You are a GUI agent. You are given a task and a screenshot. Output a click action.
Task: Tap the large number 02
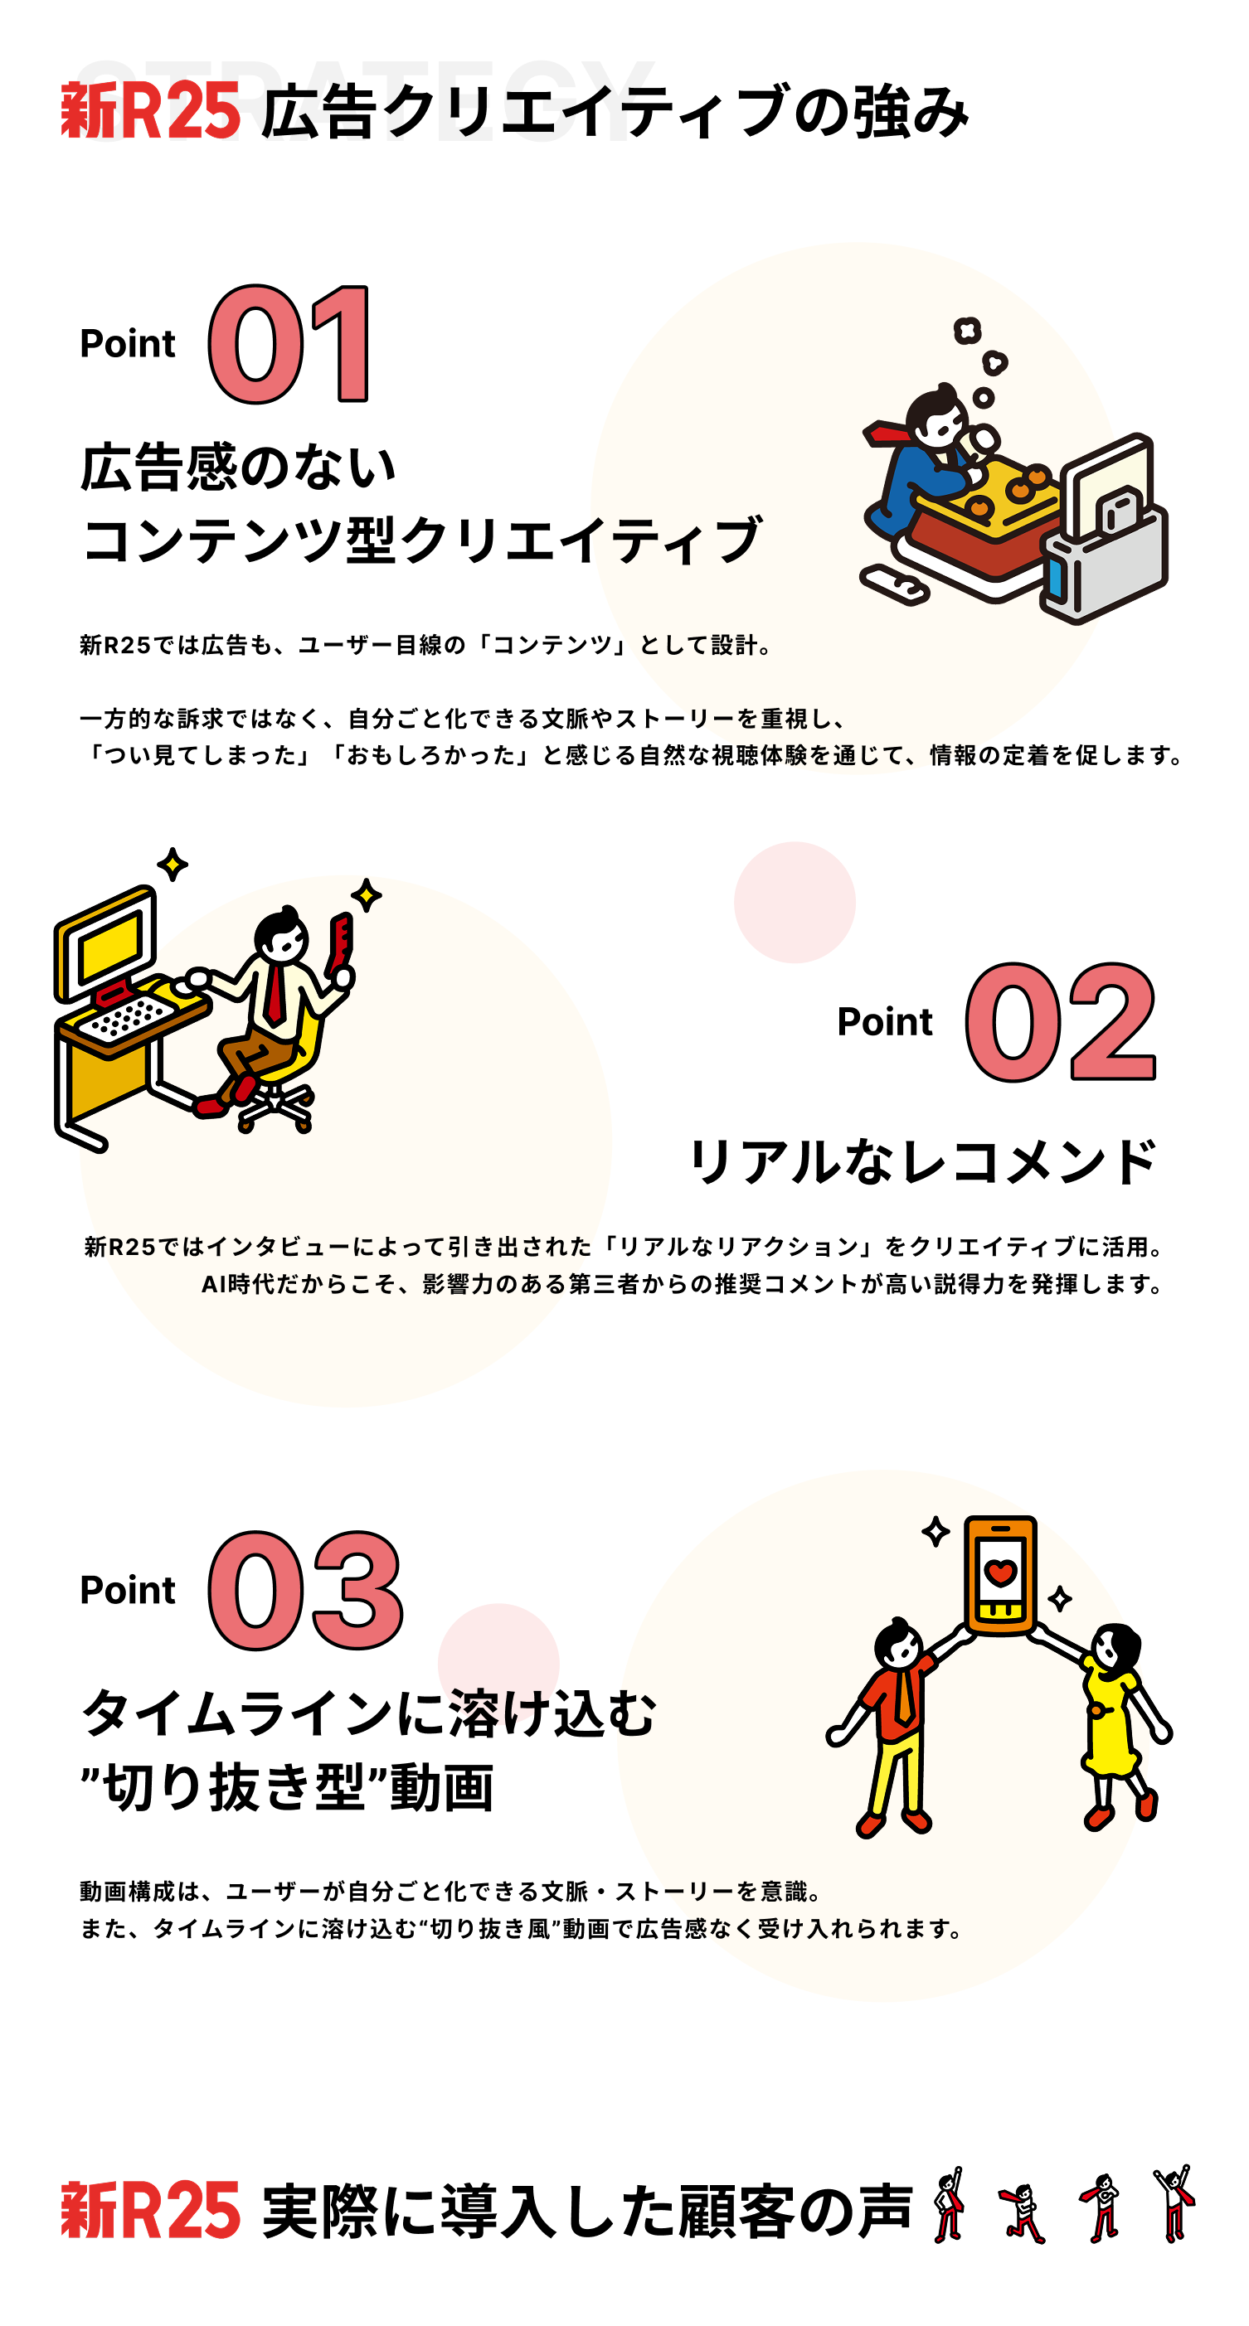pos(1060,1022)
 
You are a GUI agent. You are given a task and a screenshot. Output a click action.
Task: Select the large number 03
pos(304,1590)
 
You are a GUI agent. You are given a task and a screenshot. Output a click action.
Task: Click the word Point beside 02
pos(884,1022)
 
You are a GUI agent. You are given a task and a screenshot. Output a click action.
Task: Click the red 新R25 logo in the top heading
pos(151,111)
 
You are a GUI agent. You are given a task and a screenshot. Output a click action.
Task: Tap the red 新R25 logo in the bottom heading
pos(151,2211)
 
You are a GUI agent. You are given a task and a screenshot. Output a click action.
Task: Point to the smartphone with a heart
pos(999,1575)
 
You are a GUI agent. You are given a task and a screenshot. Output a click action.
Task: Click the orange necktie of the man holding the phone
pos(903,1698)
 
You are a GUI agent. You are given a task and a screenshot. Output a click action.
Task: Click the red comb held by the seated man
pos(342,944)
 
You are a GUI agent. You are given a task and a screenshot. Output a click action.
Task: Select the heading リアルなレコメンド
pos(921,1161)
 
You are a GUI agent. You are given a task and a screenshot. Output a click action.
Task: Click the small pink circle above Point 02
pos(794,902)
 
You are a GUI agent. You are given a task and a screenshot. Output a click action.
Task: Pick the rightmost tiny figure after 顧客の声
pos(1174,2203)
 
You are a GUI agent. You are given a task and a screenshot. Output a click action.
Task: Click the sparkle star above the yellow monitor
pos(173,864)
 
